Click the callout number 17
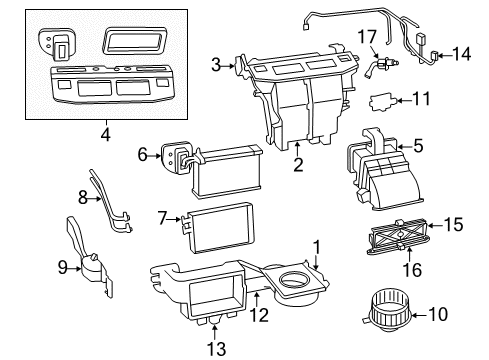click(x=367, y=37)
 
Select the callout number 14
click(x=461, y=54)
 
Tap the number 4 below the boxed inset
click(x=106, y=134)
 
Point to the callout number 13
click(x=216, y=349)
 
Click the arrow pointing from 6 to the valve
click(x=155, y=156)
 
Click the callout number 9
click(x=63, y=267)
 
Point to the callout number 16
click(x=412, y=270)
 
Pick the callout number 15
click(x=454, y=225)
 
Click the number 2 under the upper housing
click(x=298, y=165)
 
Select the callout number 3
click(x=216, y=65)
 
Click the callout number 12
click(x=259, y=315)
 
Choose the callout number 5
click(x=418, y=146)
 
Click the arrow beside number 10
click(x=419, y=314)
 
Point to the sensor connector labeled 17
click(x=382, y=65)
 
